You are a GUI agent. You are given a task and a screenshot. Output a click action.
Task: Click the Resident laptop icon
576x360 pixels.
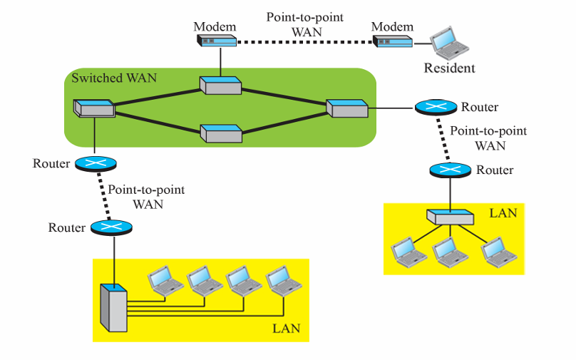tap(449, 44)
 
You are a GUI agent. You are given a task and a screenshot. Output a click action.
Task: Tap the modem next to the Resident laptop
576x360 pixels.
tap(393, 42)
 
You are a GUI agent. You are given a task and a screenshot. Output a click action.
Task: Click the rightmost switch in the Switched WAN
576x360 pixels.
tap(346, 108)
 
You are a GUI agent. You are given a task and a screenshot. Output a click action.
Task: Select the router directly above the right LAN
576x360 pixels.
tap(451, 170)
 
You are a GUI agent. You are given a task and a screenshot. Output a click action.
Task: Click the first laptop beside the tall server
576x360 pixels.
tap(164, 280)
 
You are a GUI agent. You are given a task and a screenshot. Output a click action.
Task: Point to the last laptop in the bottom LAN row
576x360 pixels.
tap(284, 280)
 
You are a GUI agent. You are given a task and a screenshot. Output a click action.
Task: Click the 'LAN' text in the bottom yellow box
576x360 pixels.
tap(287, 329)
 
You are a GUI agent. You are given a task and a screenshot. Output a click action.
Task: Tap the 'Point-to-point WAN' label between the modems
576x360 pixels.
tap(307, 24)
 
